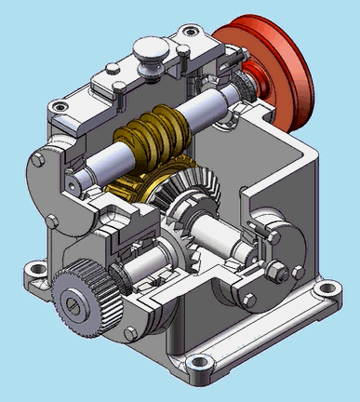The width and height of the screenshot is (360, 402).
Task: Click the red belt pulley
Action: point(279,65)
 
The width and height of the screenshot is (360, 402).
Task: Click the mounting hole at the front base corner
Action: point(199,366)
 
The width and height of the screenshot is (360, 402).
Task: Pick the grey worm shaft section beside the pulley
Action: point(214,105)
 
